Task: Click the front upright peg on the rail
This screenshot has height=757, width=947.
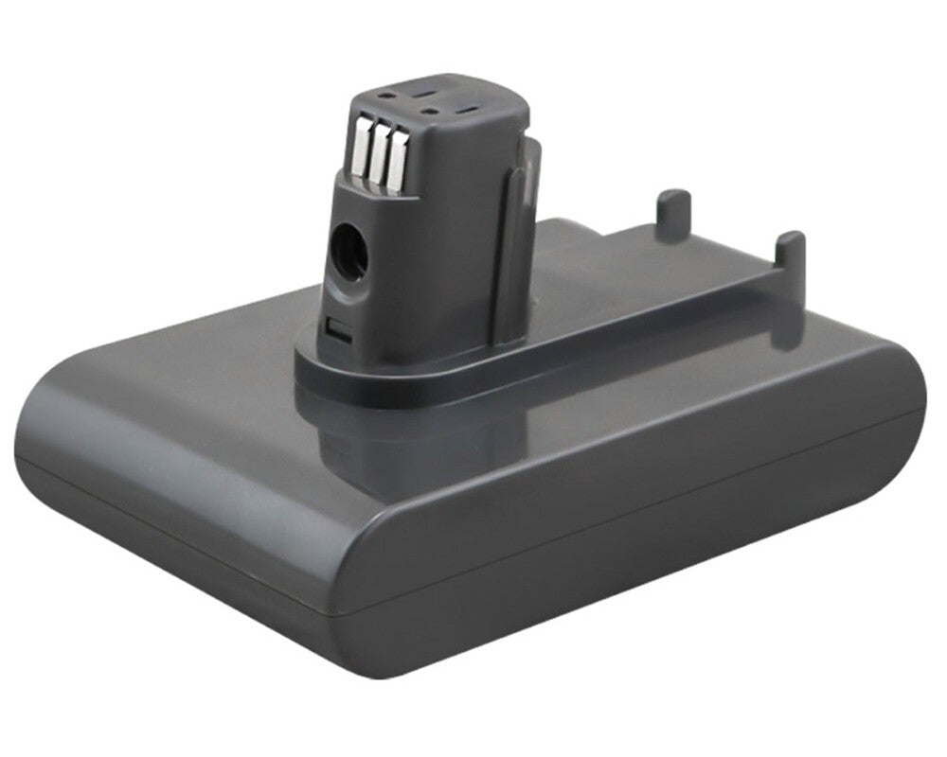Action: [789, 249]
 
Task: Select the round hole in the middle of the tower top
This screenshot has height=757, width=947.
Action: [432, 110]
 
